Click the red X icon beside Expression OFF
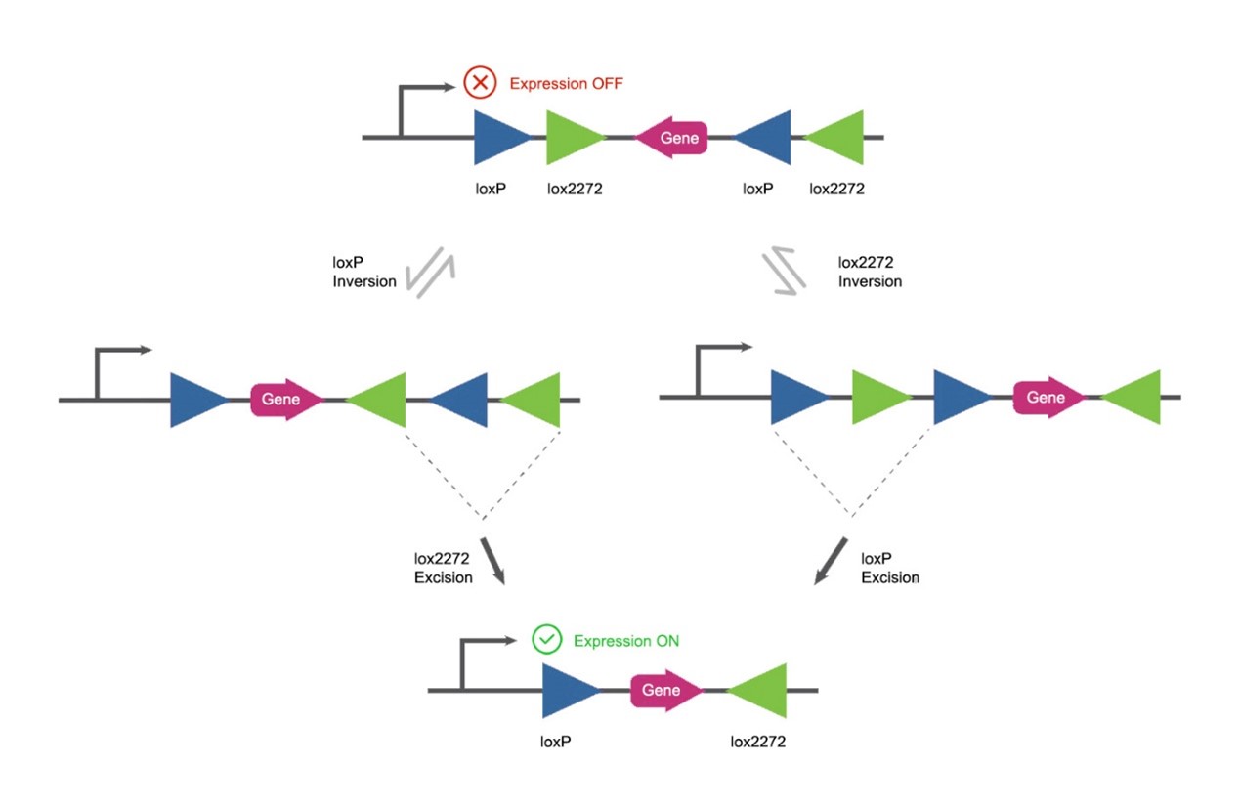click(x=479, y=83)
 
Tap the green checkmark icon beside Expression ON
click(x=547, y=640)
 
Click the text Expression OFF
click(x=566, y=84)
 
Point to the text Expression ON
click(x=625, y=641)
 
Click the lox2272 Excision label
click(x=444, y=568)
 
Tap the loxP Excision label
click(x=889, y=568)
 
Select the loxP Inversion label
click(x=364, y=273)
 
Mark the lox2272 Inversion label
click(x=870, y=273)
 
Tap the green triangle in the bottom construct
click(x=760, y=691)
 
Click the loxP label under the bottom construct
click(x=556, y=742)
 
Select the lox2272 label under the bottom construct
click(x=757, y=742)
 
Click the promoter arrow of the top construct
click(x=421, y=98)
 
